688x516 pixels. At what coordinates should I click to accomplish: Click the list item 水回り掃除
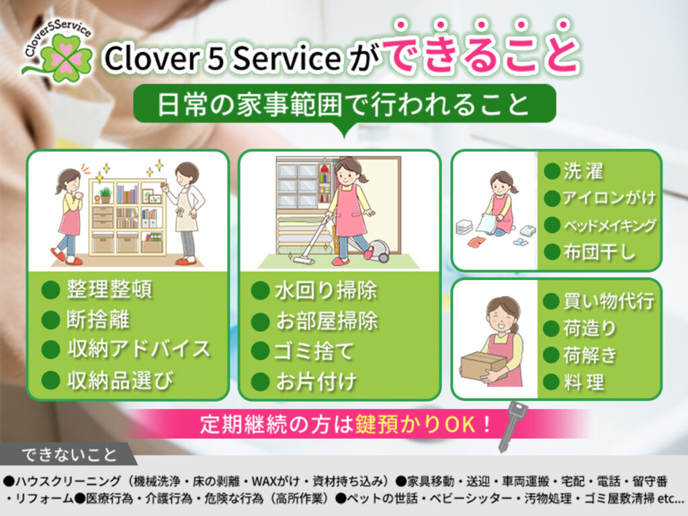326,291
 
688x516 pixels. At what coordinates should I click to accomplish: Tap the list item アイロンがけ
609,198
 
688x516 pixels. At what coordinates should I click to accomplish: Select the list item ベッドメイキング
609,225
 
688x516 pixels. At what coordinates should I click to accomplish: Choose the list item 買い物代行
608,301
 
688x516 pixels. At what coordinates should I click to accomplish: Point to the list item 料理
584,382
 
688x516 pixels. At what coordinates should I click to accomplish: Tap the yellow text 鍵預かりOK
420,424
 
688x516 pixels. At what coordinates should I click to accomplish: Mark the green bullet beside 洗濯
552,171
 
